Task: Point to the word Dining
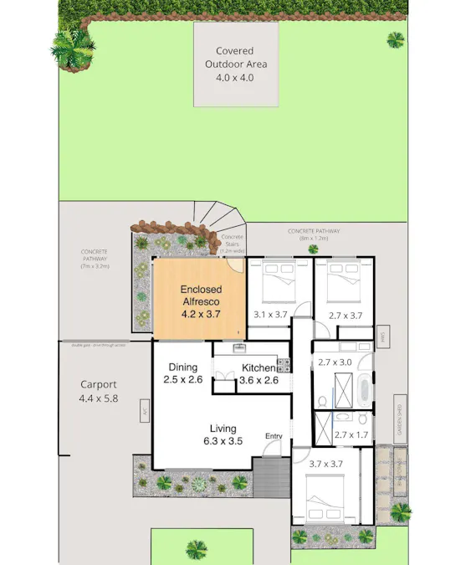pos(183,367)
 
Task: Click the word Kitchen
pos(258,367)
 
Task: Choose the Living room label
pos(223,429)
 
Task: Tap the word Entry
pos(274,436)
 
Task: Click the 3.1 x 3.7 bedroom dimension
pos(269,316)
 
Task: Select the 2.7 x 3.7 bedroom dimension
pos(345,316)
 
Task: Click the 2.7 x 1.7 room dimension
pos(351,434)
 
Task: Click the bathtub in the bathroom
pos(364,391)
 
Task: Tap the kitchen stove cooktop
pos(283,365)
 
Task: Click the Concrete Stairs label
pos(232,243)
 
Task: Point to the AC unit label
pos(145,412)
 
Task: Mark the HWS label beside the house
pos(381,336)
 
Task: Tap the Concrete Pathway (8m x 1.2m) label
pos(314,234)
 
